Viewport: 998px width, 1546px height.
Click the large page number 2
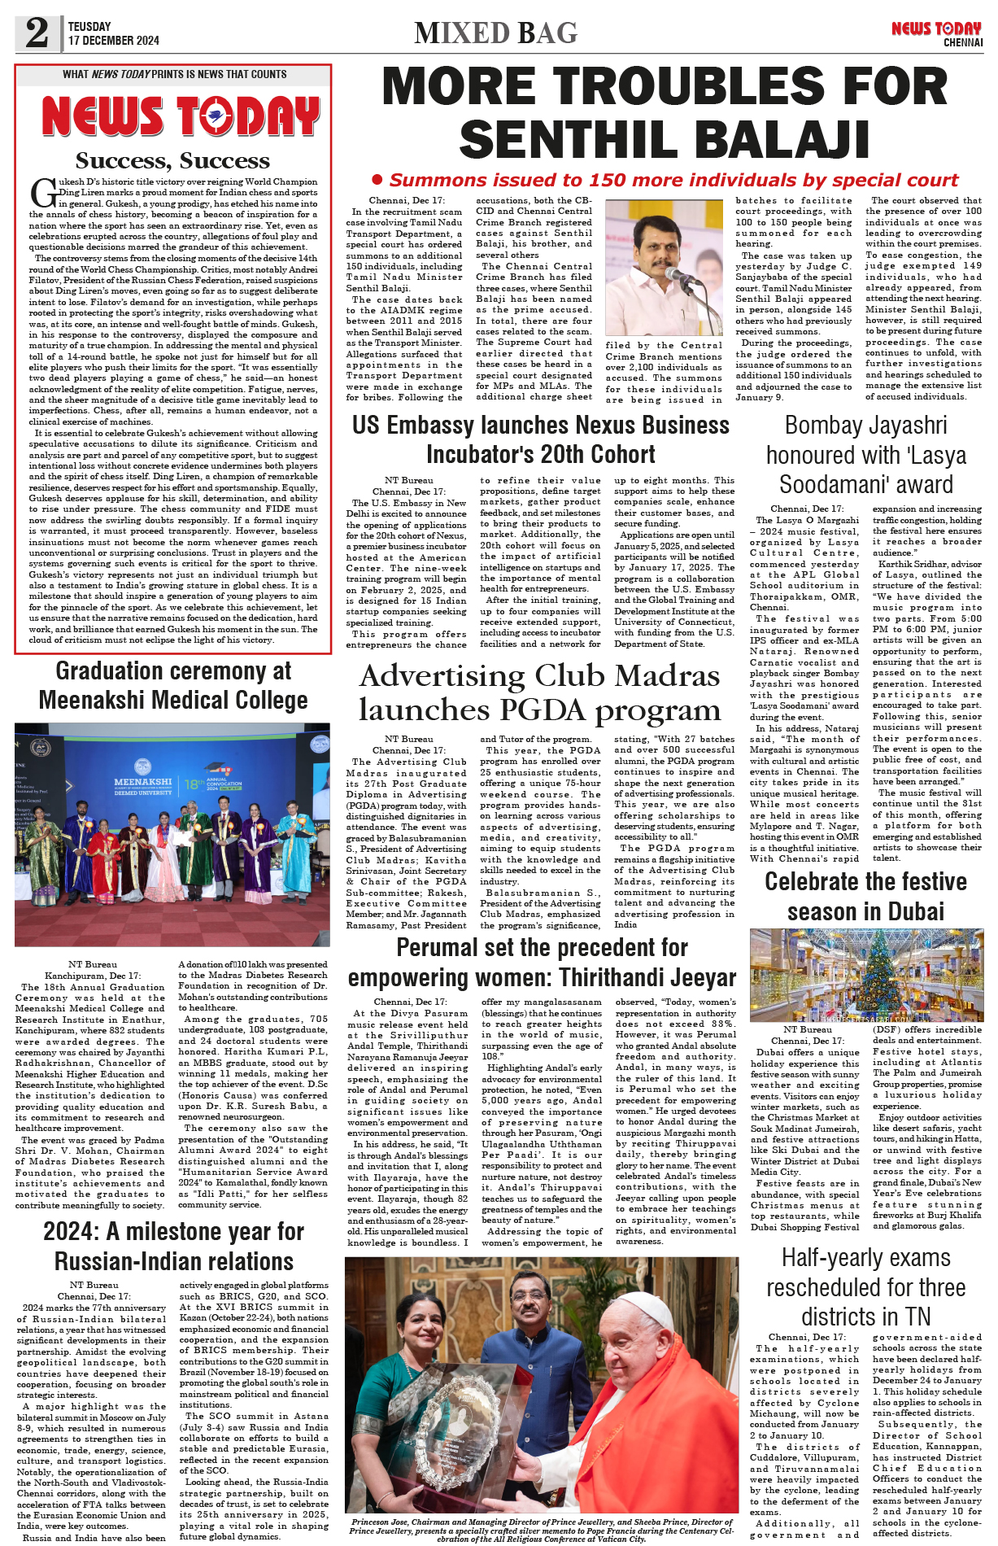(x=37, y=33)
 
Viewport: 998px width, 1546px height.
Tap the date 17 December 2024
(x=114, y=41)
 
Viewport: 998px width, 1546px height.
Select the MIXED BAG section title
(x=495, y=33)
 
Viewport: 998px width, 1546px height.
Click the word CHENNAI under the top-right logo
(x=963, y=42)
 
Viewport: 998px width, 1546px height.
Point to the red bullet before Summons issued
(x=377, y=179)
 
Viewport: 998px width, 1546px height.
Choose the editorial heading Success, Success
(x=172, y=160)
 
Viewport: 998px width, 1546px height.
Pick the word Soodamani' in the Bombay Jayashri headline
(x=866, y=484)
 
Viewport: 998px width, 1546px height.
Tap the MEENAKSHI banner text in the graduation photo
(x=143, y=781)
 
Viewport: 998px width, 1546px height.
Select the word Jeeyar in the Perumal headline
(x=703, y=977)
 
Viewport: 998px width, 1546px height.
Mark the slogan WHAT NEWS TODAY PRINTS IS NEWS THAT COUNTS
(x=174, y=74)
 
